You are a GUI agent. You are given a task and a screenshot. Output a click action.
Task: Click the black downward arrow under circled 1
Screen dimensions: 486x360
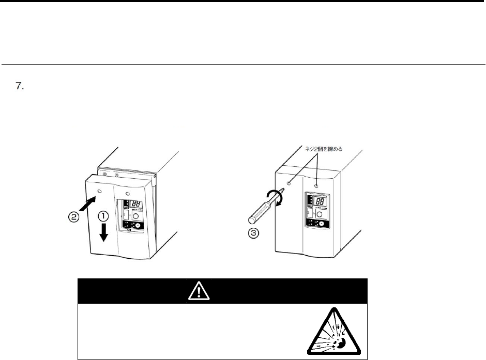[x=104, y=232]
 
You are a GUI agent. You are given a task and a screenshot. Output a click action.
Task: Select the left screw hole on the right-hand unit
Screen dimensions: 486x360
[x=289, y=182]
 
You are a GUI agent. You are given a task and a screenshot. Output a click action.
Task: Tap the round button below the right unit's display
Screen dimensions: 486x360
[x=321, y=214]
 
